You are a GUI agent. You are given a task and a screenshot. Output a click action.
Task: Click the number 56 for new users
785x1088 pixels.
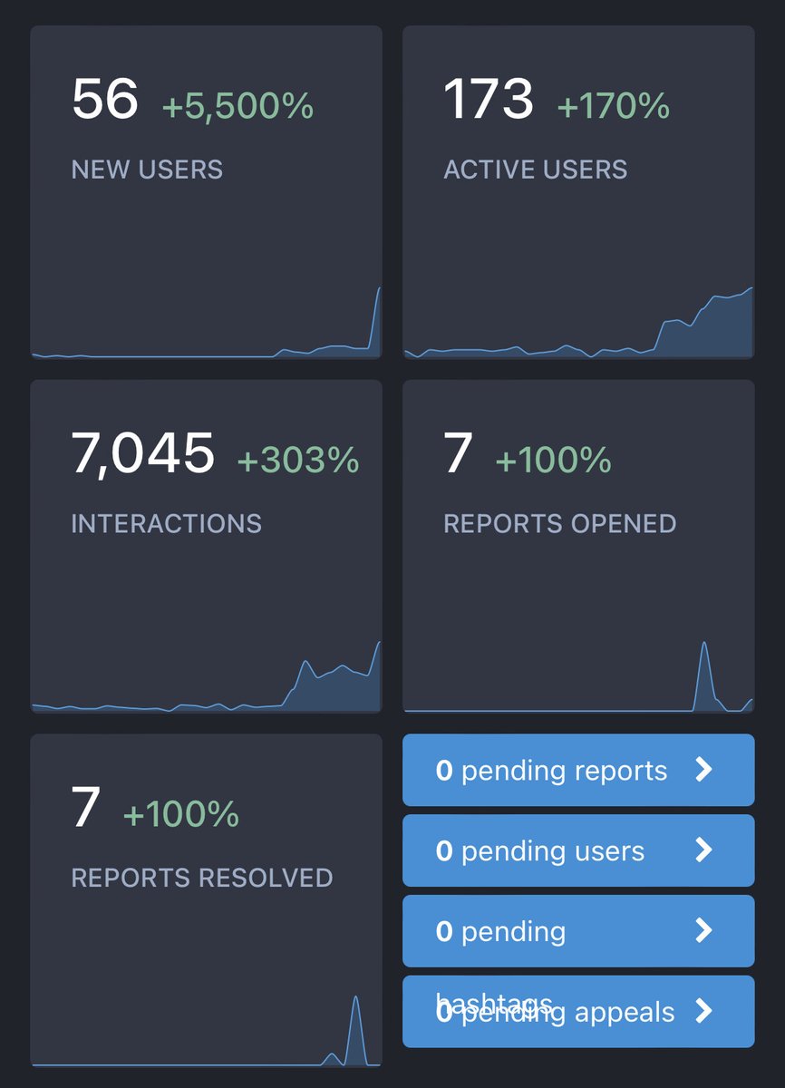click(104, 100)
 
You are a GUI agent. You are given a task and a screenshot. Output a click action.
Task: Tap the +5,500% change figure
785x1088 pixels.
click(237, 107)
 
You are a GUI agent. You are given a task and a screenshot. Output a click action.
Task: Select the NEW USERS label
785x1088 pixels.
click(147, 170)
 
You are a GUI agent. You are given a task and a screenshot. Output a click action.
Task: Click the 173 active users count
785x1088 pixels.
click(488, 100)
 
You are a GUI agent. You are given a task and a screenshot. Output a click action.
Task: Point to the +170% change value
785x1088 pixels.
click(613, 107)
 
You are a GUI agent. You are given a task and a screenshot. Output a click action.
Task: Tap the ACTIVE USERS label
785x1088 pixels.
click(535, 170)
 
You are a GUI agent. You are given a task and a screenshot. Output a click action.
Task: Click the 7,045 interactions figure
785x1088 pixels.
click(142, 453)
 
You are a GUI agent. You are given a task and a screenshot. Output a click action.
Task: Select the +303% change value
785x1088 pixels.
click(297, 461)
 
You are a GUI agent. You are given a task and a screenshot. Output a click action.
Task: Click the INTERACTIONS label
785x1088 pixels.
click(166, 523)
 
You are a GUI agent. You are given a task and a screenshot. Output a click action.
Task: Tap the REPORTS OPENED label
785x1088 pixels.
click(559, 523)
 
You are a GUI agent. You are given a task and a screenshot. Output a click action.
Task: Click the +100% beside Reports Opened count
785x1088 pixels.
click(553, 461)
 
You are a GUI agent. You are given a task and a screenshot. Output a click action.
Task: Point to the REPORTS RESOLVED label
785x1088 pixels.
click(201, 878)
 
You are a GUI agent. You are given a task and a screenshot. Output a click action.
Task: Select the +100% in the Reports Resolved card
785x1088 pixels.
click(180, 814)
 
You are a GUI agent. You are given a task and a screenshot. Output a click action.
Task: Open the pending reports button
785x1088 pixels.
click(577, 770)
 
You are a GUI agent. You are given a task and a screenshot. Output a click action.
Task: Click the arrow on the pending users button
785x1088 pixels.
click(703, 850)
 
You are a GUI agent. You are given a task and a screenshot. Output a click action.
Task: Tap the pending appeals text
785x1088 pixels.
click(568, 1013)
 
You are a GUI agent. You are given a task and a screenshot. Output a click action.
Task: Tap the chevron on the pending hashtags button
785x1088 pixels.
click(703, 931)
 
